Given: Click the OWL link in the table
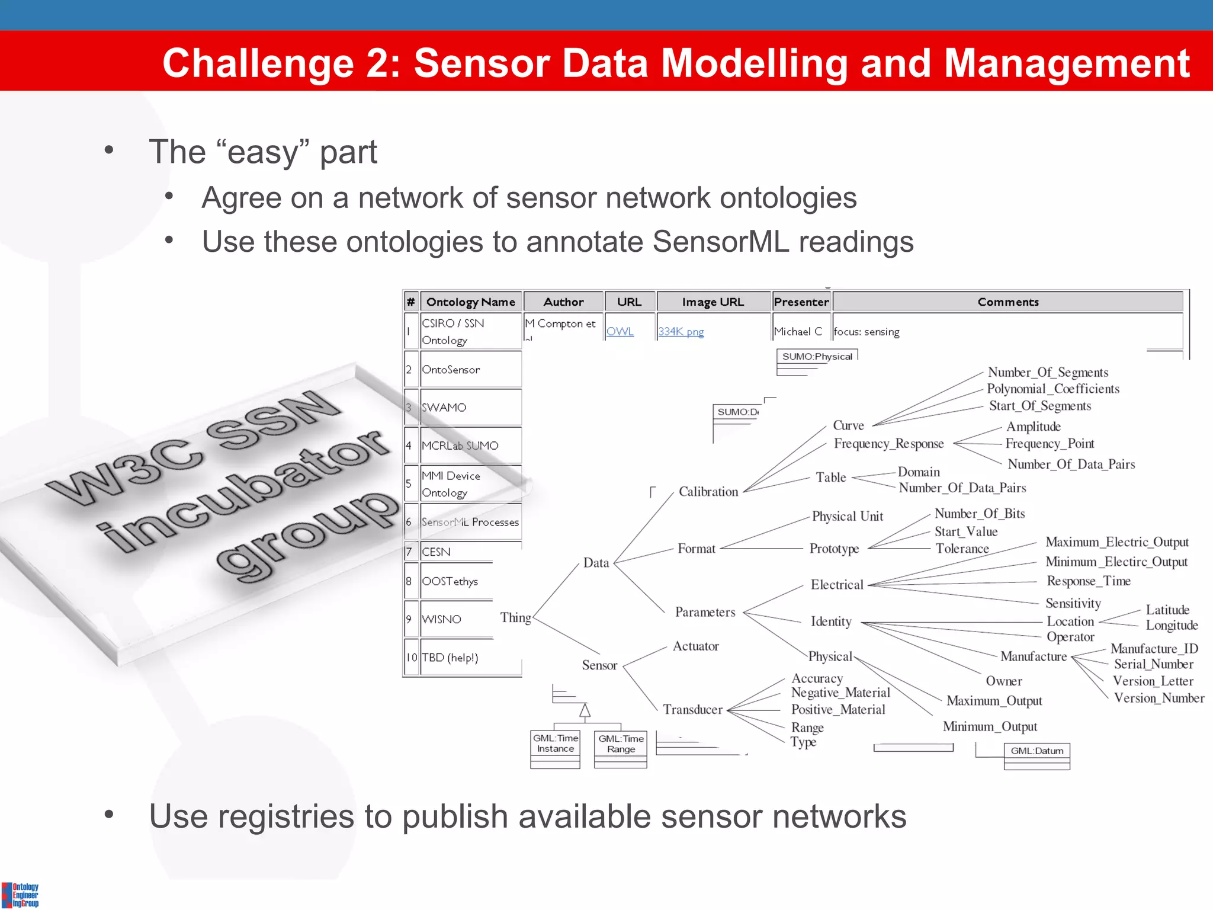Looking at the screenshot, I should tap(620, 332).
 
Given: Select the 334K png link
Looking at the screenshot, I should tap(681, 332).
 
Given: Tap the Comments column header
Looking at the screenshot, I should tap(1007, 302).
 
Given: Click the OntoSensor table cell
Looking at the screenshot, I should tap(451, 370).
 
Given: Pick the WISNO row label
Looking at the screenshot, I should tap(441, 619).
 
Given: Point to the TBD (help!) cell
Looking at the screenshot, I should tap(450, 658).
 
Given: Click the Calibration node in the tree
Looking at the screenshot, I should tap(708, 492).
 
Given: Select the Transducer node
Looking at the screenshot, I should tap(692, 710).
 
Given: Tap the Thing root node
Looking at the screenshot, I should tap(515, 618).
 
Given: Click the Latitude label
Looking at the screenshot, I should tap(1167, 610).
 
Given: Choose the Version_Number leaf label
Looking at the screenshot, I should tap(1159, 698).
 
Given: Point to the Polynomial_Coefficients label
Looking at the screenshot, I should tap(1052, 389).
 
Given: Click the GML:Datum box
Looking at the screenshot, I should tap(1036, 751).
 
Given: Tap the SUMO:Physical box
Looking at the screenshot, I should tap(817, 357).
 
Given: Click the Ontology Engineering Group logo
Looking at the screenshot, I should tap(20, 895).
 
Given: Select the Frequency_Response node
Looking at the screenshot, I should tap(888, 444).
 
